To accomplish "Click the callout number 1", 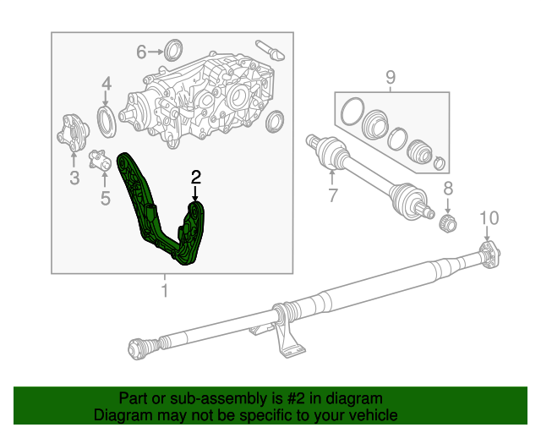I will [x=165, y=292].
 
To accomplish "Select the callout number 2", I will [x=196, y=178].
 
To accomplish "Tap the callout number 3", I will [x=74, y=178].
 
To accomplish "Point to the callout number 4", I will [x=107, y=83].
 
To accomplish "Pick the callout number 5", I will [x=105, y=199].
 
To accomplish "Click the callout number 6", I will [x=142, y=52].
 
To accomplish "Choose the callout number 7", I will [x=332, y=197].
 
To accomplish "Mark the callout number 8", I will [x=448, y=189].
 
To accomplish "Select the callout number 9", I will [x=391, y=79].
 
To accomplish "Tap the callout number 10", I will [x=489, y=219].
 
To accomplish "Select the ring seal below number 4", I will [x=107, y=121].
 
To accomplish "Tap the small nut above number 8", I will [x=450, y=222].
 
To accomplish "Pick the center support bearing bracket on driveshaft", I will [x=285, y=333].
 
